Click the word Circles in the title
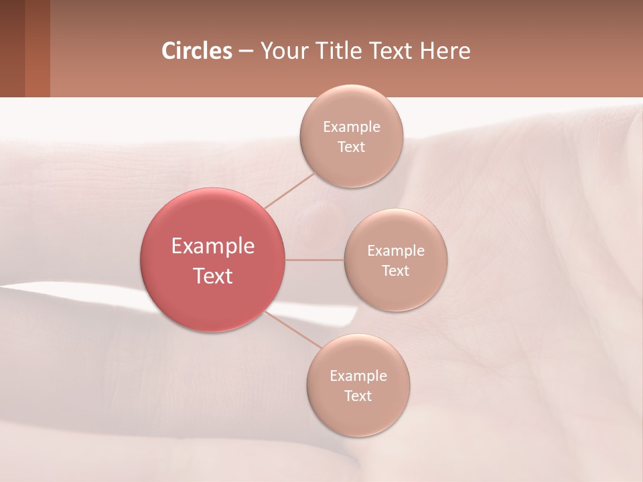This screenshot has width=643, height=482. [x=197, y=51]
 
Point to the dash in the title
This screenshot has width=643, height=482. [x=246, y=52]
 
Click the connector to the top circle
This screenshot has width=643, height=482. [x=290, y=190]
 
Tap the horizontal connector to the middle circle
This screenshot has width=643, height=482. [x=314, y=260]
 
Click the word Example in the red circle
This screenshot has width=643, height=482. [x=213, y=246]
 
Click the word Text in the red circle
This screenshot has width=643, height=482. [x=213, y=276]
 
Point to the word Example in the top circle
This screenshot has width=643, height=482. [x=352, y=127]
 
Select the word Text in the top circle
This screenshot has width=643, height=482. [x=352, y=147]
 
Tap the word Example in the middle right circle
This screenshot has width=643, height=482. [x=396, y=251]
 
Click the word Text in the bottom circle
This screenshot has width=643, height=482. [x=358, y=396]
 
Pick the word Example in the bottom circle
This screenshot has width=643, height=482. [x=358, y=376]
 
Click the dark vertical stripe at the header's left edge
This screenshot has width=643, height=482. [x=12, y=48]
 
